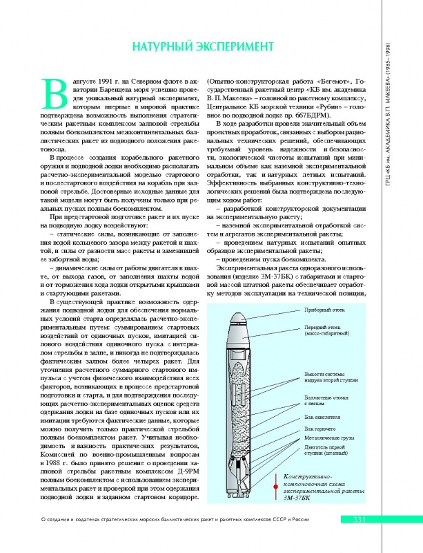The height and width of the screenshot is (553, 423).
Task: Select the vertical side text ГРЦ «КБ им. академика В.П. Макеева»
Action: (408, 138)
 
